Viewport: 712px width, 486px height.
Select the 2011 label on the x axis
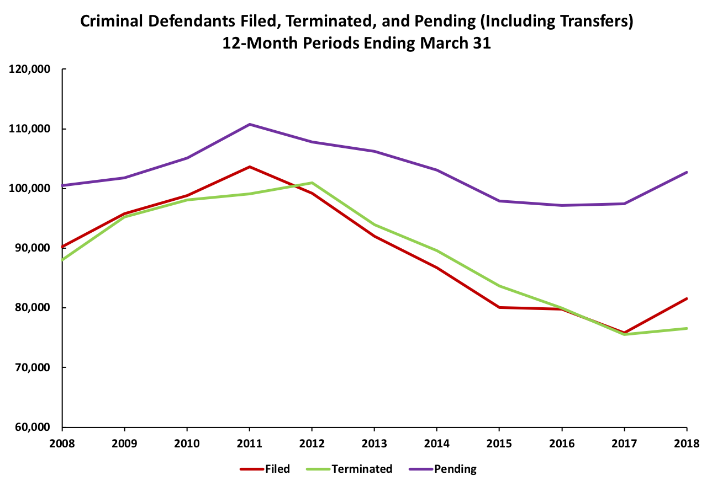250,443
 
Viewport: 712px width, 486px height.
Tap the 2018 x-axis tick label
687,443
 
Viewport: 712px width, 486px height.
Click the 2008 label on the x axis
62,443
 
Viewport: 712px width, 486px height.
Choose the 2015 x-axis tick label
499,443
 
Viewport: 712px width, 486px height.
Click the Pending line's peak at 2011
250,124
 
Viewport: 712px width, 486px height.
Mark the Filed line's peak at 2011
250,167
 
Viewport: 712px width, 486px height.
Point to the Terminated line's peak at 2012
312,183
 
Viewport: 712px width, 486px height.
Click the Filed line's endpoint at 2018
687,298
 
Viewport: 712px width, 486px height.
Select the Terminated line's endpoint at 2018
687,328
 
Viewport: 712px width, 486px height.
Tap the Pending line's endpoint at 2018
687,172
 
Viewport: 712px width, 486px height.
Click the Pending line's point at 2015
499,201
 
